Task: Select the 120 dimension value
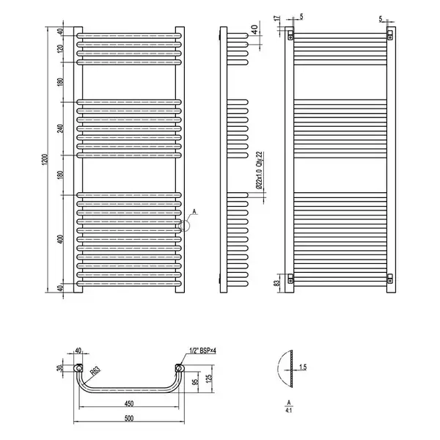60,48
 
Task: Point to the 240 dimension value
60,128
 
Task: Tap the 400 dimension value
60,239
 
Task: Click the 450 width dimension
128,403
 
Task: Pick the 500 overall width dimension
128,419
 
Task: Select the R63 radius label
95,371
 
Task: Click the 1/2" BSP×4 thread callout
202,351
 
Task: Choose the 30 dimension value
59,368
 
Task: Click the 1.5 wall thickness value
303,367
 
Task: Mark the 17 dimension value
277,18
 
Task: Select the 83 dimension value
277,283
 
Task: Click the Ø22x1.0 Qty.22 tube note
259,170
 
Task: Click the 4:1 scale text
289,410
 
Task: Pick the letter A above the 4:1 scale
289,403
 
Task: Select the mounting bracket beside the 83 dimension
290,279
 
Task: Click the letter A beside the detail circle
194,211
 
